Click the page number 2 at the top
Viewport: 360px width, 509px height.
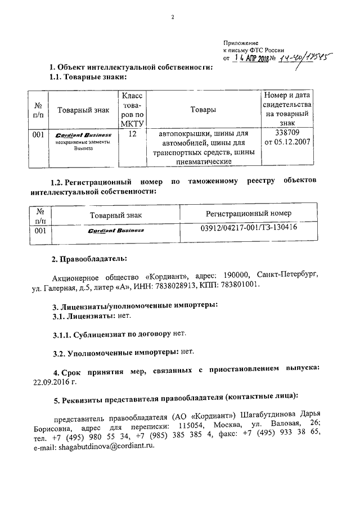click(174, 17)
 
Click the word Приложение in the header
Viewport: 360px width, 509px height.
click(241, 42)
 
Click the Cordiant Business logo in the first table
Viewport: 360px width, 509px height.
click(83, 135)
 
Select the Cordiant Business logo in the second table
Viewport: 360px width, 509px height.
click(116, 231)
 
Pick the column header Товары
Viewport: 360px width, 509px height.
click(203, 110)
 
